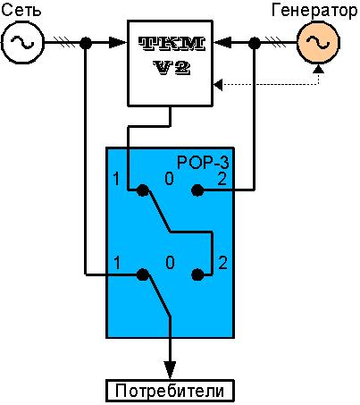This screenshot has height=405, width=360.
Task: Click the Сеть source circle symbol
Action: coord(22,42)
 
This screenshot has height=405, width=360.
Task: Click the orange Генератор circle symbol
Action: coord(318,43)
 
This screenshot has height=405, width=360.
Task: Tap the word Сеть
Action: coord(21,11)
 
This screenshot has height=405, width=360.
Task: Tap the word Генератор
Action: coord(314,11)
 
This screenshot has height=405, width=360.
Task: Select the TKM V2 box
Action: coord(170,63)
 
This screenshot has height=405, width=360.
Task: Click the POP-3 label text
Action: coord(203,163)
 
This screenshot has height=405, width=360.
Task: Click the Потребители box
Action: coord(170,391)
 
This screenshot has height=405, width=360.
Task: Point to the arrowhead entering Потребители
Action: coord(170,370)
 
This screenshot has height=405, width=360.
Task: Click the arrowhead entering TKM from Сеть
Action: coord(118,43)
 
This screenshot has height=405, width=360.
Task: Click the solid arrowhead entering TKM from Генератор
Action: coord(222,43)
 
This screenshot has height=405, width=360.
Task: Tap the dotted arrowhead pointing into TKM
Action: coord(218,85)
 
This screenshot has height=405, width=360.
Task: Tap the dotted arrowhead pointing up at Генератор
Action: coord(319,69)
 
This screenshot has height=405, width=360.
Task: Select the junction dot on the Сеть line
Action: coord(86,43)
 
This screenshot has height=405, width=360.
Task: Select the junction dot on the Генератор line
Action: coord(254,43)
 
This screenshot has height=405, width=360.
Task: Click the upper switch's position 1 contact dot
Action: coord(143,190)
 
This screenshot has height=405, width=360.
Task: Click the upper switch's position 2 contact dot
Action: coord(197,190)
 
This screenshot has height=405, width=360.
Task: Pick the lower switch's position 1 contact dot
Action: coord(143,274)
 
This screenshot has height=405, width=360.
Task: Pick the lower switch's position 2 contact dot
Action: coord(197,274)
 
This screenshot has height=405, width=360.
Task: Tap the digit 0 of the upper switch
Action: coord(169,179)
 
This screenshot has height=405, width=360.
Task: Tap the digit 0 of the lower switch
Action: coord(170,263)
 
